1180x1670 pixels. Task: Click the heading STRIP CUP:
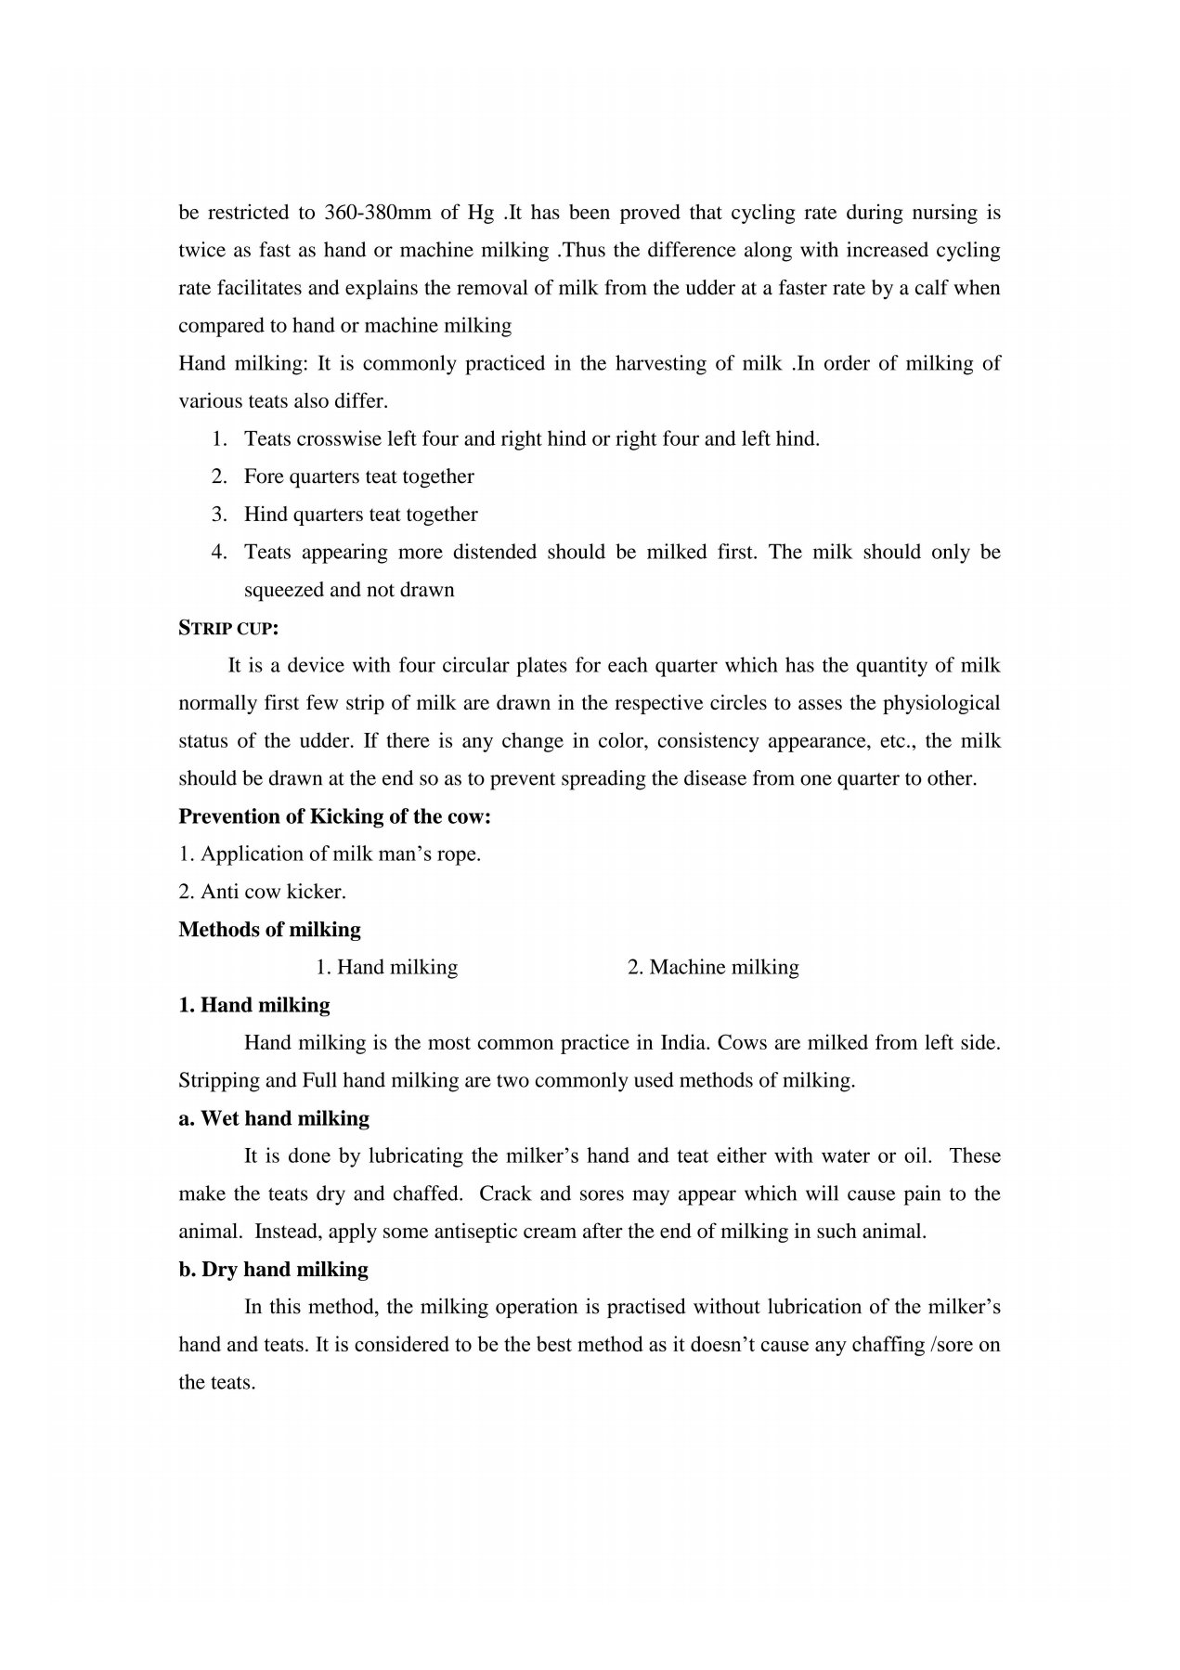click(228, 628)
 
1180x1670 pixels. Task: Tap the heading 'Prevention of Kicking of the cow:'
click(334, 816)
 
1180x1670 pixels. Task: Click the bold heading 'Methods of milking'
click(269, 930)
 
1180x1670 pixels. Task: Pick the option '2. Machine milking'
click(712, 968)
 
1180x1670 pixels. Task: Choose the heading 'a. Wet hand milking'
click(274, 1118)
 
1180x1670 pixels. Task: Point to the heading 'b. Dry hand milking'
click(273, 1270)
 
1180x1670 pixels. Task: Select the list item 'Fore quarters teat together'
click(358, 476)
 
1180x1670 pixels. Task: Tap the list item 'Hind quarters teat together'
click(360, 515)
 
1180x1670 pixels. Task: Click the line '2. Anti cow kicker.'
click(262, 892)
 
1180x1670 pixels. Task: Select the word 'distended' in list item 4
click(494, 552)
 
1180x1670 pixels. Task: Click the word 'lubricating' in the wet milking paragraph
click(416, 1156)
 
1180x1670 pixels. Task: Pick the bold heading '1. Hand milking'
click(253, 1005)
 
